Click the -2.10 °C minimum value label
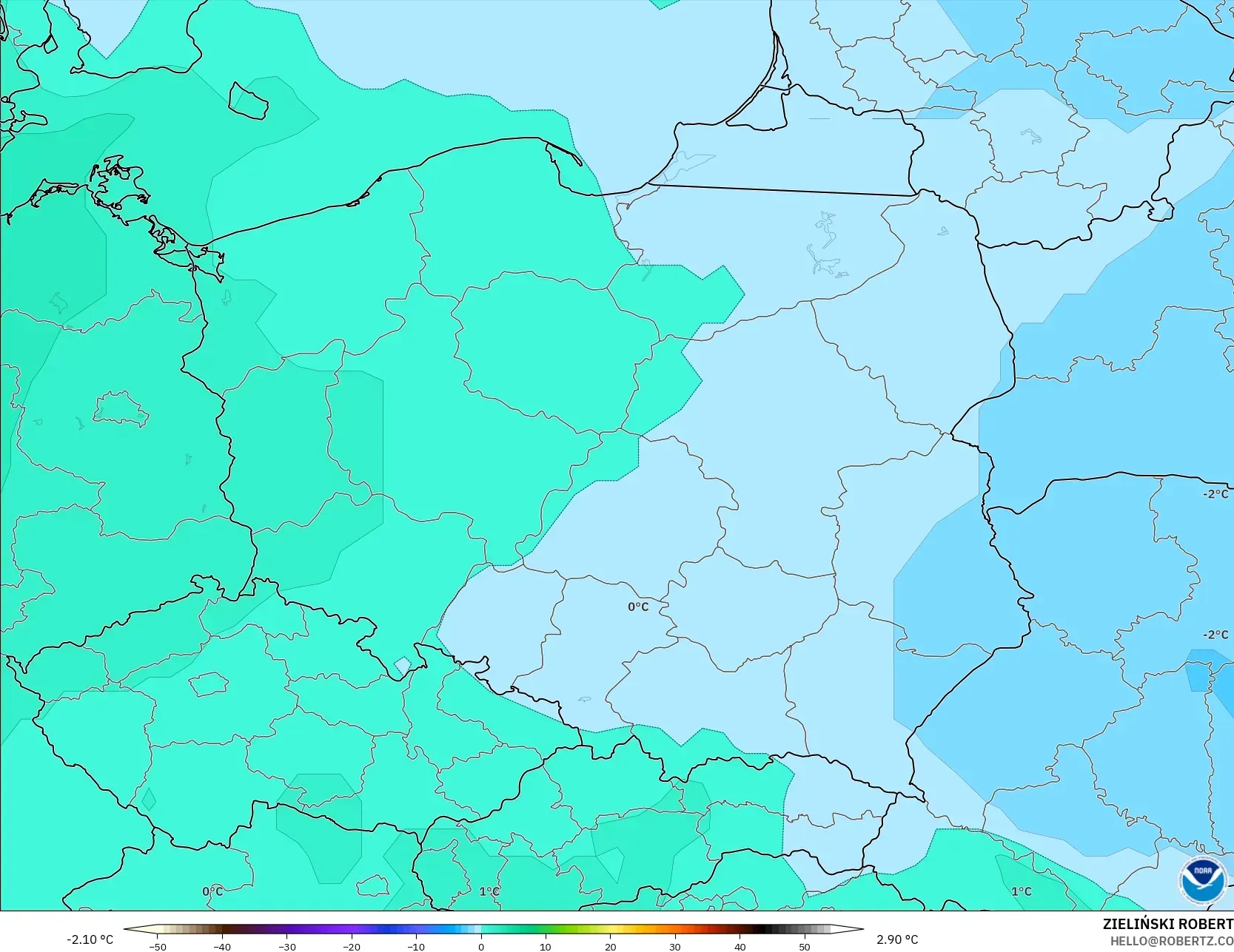coord(90,939)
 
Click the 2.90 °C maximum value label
coord(897,939)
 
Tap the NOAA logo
coord(1202,880)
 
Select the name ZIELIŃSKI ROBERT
coord(1167,924)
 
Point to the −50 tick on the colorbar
coord(157,946)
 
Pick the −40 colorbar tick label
coord(221,946)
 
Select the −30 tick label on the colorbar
coord(286,946)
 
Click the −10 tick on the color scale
coord(416,946)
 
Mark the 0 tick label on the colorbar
coord(481,946)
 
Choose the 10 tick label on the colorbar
coord(546,946)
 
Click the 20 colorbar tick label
coord(610,946)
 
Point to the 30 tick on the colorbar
coord(675,946)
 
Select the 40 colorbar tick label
coord(740,946)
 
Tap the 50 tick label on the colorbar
coord(805,946)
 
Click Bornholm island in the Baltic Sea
coord(247,101)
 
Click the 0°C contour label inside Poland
coord(638,607)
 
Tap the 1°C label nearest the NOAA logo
coord(1022,891)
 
